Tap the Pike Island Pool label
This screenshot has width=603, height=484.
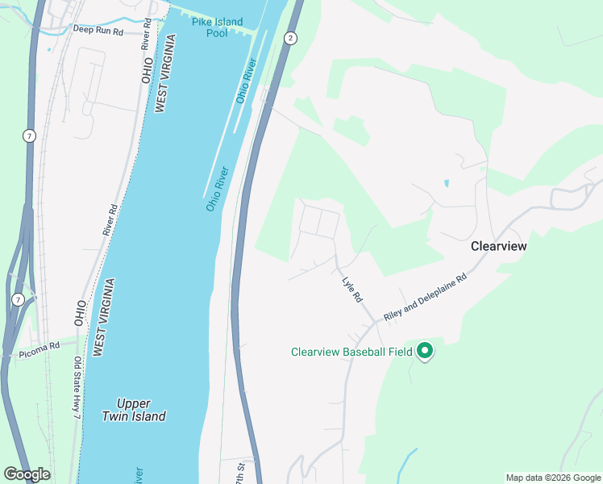[217, 27]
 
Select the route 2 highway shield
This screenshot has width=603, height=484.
[290, 37]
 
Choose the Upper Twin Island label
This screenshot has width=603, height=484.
[134, 410]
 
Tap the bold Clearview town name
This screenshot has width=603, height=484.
[498, 246]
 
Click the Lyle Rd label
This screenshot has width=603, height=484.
[352, 290]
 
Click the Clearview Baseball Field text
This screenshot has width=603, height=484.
[351, 352]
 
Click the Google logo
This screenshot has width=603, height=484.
[27, 474]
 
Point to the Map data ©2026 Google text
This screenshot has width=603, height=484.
[552, 478]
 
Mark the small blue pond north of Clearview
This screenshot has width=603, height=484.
[446, 183]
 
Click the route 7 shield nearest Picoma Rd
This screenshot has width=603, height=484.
[18, 299]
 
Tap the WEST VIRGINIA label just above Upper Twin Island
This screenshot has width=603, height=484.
[102, 317]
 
